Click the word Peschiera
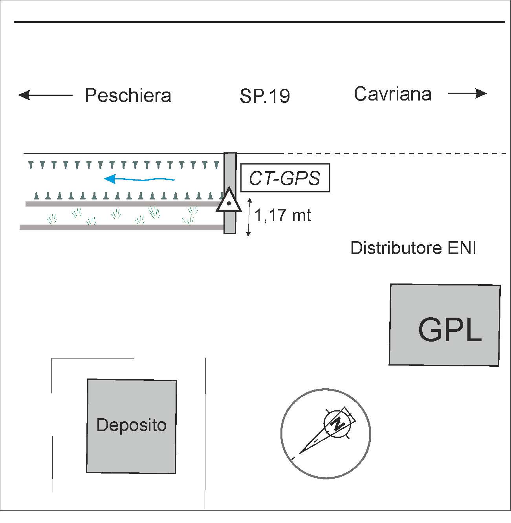(x=128, y=96)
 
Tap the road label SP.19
(x=265, y=97)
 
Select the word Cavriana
(x=392, y=94)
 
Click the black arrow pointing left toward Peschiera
(x=45, y=95)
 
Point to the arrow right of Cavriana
(x=467, y=93)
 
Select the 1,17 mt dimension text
(x=283, y=216)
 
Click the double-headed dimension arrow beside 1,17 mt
(x=248, y=217)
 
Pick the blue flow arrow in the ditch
(x=139, y=179)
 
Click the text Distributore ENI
(x=413, y=249)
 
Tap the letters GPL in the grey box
(x=450, y=330)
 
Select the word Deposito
(x=131, y=425)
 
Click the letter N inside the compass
(x=337, y=424)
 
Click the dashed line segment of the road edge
(x=393, y=153)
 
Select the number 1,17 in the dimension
(x=268, y=216)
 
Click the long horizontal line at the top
(x=259, y=22)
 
